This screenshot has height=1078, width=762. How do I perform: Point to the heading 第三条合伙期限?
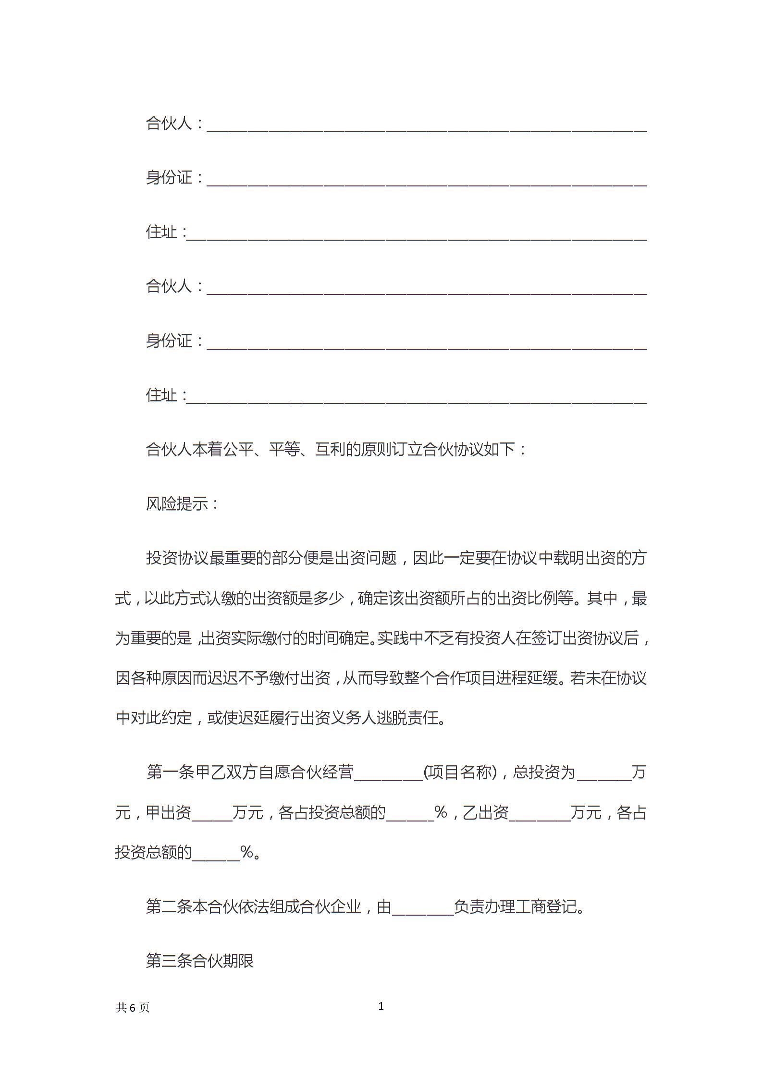point(199,961)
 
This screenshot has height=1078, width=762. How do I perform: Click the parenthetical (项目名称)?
point(460,772)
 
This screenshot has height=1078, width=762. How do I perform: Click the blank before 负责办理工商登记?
point(423,908)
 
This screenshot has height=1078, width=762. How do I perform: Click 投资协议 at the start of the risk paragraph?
point(177,558)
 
